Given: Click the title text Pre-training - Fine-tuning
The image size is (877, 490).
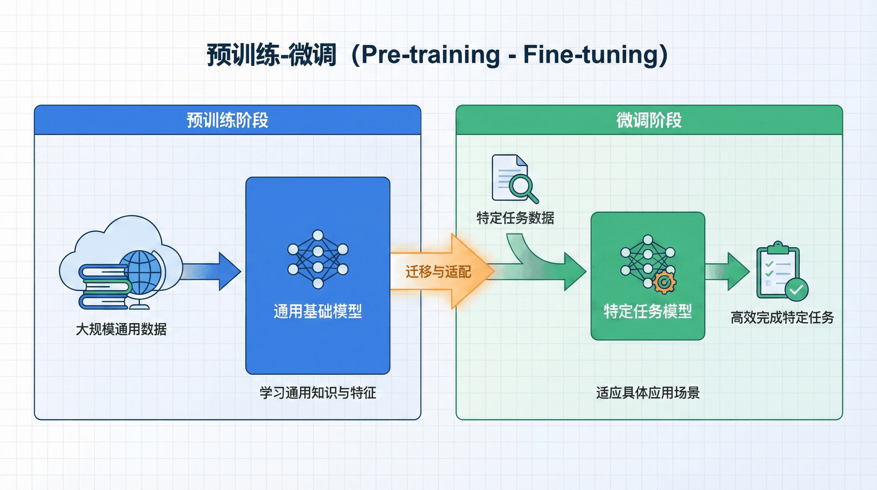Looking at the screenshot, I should (514, 55).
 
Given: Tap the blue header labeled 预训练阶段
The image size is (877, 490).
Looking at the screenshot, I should (227, 120).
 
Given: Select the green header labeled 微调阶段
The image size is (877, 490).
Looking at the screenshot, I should (649, 120).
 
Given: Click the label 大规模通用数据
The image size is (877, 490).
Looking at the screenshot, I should (121, 329).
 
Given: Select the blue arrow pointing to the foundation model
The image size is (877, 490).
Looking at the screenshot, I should (212, 272).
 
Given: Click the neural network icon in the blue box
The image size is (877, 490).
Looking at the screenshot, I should (318, 259).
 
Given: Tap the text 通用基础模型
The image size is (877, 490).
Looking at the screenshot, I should (318, 312).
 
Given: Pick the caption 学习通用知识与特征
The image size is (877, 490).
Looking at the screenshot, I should (318, 393).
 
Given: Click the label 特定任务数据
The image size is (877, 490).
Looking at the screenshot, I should (515, 218).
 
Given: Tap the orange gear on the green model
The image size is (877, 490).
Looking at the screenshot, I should (665, 282).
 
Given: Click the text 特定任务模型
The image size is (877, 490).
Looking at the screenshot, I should (648, 312).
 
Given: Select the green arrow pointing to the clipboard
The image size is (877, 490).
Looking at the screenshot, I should (729, 272).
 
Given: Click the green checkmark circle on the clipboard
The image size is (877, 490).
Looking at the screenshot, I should (797, 289).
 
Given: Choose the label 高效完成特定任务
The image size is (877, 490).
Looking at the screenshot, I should (782, 318).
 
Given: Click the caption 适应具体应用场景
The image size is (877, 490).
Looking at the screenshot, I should (648, 393).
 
